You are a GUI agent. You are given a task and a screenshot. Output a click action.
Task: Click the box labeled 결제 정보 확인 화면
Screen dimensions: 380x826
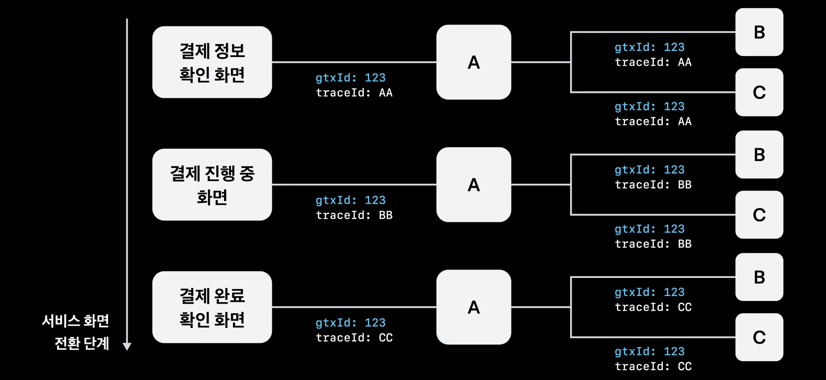(212, 62)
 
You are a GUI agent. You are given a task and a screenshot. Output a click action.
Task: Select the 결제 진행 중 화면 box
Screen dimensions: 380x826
(212, 185)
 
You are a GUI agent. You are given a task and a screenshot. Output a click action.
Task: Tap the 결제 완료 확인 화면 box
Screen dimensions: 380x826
(212, 307)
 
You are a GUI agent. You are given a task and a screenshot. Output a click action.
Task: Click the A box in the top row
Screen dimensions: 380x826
(474, 62)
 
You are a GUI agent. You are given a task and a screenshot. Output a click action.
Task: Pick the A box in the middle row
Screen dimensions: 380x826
(474, 185)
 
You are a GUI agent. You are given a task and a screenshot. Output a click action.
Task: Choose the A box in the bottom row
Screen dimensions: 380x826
(474, 307)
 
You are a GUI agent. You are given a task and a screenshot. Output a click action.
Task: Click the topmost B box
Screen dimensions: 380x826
(759, 32)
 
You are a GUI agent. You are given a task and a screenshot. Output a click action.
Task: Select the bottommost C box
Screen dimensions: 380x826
(759, 337)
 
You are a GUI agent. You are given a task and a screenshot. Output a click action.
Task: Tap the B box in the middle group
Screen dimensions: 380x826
(759, 155)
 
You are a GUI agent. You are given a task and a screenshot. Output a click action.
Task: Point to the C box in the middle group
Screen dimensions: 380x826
(759, 215)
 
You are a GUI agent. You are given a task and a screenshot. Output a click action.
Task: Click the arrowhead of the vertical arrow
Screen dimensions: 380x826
(127, 346)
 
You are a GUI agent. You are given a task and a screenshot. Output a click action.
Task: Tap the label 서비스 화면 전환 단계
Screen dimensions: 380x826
(76, 332)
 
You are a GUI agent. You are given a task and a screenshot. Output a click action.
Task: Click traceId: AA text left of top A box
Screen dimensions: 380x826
(354, 93)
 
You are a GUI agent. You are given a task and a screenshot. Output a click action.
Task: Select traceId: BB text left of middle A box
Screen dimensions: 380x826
(354, 215)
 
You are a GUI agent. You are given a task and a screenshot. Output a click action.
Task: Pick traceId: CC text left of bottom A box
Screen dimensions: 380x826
(354, 338)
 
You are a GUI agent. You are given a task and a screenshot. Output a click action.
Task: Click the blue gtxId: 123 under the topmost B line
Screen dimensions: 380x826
(649, 47)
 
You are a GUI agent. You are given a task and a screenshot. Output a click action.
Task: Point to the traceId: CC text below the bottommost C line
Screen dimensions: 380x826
(653, 366)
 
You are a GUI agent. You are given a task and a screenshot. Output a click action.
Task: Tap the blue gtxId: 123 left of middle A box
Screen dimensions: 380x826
(350, 200)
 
